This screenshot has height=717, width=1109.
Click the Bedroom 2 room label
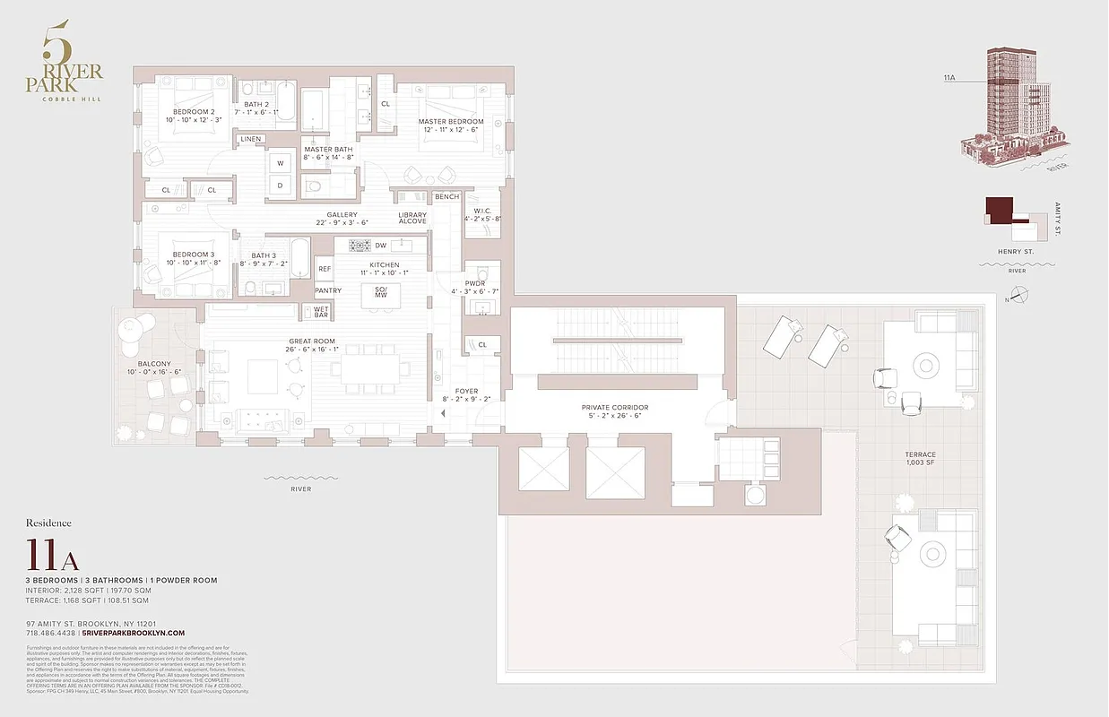194,112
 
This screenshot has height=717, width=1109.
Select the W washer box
281,163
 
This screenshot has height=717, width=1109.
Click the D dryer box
281,186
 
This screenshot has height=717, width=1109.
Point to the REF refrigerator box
325,269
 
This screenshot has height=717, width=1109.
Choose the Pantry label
327,290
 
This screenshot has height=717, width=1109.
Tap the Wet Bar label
321,311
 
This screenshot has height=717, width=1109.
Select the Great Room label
312,341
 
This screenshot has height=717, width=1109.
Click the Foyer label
466,391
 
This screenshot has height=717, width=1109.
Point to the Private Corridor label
614,408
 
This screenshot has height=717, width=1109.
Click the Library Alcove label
412,220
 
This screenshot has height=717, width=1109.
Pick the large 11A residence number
53,556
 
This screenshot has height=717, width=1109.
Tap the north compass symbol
1019,293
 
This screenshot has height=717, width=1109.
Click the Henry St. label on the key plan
1017,252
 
